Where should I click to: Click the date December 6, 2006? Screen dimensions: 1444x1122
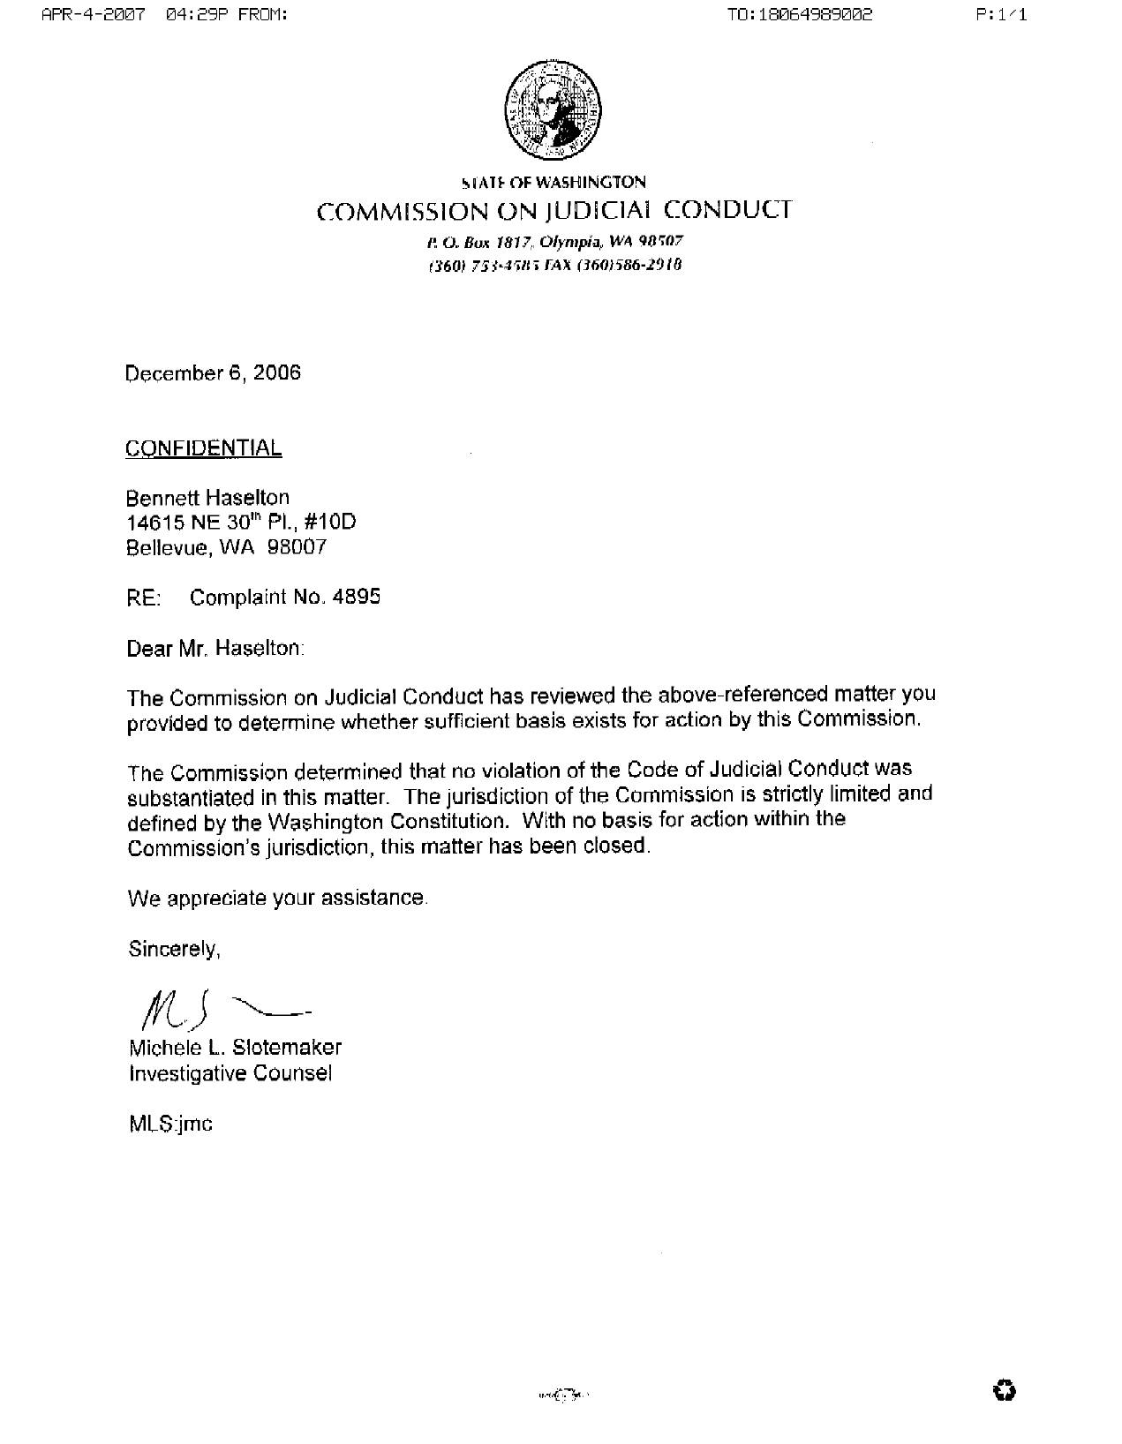click(213, 373)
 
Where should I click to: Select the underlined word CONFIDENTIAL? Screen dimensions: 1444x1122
click(203, 448)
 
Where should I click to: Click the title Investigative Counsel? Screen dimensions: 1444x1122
click(230, 1073)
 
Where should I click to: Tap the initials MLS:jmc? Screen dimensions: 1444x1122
click(170, 1124)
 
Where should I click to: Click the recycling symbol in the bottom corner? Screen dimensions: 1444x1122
click(1004, 1392)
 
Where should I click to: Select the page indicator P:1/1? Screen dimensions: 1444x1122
click(1002, 15)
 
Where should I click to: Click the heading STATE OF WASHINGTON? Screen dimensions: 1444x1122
click(553, 183)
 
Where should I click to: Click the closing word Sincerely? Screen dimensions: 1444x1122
click(174, 950)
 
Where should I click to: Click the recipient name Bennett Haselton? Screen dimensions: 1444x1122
click(207, 498)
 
